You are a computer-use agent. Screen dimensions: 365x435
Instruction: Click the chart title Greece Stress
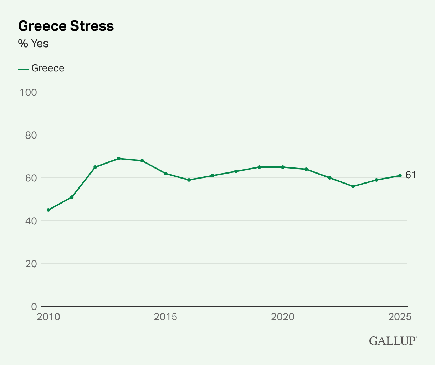pos(66,26)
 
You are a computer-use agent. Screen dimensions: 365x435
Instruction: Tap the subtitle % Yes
pos(33,44)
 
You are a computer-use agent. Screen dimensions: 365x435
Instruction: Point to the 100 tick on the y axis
pos(29,92)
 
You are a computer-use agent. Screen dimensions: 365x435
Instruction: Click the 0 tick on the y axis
pos(34,306)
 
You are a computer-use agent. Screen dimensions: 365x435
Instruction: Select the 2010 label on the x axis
pos(48,317)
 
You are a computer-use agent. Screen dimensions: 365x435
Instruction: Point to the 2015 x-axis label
pos(165,317)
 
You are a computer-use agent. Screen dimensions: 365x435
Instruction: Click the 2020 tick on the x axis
pos(283,317)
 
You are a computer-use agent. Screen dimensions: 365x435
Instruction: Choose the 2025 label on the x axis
pos(400,317)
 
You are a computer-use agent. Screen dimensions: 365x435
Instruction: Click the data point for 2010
pos(48,210)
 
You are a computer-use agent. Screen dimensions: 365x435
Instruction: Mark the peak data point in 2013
pos(119,159)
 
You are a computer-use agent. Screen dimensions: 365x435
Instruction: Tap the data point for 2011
pos(72,197)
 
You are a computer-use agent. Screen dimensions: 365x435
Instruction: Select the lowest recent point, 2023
pos(353,186)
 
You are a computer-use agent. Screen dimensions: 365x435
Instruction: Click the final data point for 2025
pos(400,176)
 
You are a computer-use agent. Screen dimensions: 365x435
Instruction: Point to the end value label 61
pos(411,175)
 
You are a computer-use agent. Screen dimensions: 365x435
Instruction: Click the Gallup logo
pos(393,340)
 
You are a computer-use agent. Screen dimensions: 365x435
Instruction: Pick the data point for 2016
pos(189,180)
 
